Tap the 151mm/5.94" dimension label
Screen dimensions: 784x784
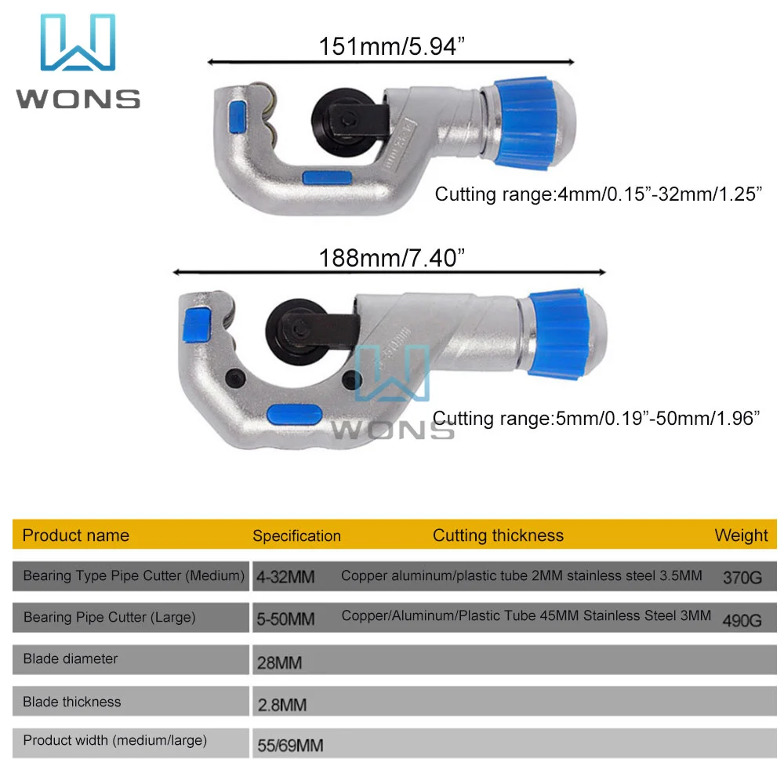(x=391, y=46)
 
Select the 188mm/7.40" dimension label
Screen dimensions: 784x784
(x=388, y=257)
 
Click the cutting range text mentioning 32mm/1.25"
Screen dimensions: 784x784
(x=599, y=194)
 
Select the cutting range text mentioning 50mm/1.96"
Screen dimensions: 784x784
(x=597, y=418)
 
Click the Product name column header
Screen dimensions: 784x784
(x=76, y=536)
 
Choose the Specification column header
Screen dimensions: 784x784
(x=296, y=536)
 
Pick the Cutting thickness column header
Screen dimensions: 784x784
(x=498, y=536)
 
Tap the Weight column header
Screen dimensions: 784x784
(x=741, y=536)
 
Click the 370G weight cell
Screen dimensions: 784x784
(x=742, y=578)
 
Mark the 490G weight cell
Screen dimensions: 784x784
(x=742, y=620)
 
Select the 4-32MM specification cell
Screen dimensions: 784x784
(x=285, y=578)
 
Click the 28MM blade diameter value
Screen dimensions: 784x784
(x=279, y=662)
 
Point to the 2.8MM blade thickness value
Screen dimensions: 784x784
(x=281, y=705)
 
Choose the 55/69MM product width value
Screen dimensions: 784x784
(x=290, y=746)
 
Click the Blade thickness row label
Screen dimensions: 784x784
(x=72, y=702)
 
